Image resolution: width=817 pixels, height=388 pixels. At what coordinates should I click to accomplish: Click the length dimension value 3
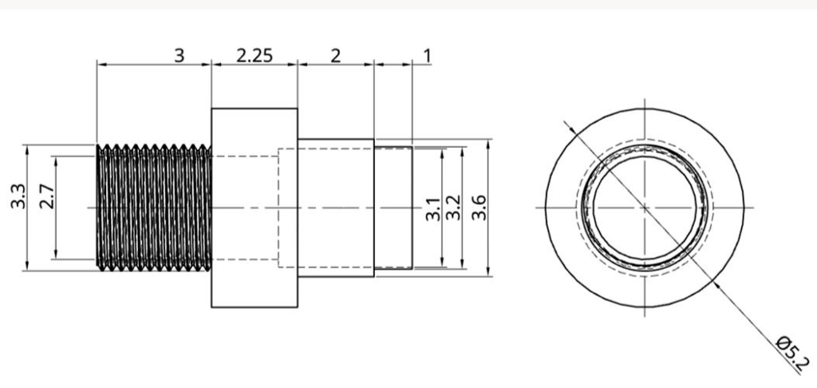click(180, 55)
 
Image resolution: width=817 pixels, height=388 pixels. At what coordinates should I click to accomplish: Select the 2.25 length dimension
click(255, 55)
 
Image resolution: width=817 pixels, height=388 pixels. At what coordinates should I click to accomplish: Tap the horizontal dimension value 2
click(336, 55)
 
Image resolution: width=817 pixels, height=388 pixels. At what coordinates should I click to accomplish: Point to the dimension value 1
click(428, 55)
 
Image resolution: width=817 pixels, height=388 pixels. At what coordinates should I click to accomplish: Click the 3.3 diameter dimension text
click(18, 196)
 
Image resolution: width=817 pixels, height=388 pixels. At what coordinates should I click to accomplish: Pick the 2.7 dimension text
click(47, 196)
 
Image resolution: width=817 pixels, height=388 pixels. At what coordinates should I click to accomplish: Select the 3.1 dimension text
click(433, 208)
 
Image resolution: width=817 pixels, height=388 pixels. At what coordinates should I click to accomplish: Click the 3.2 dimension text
click(454, 208)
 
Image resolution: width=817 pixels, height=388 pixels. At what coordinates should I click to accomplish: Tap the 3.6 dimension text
click(479, 208)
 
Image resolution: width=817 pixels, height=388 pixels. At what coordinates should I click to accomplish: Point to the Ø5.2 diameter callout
click(793, 353)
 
